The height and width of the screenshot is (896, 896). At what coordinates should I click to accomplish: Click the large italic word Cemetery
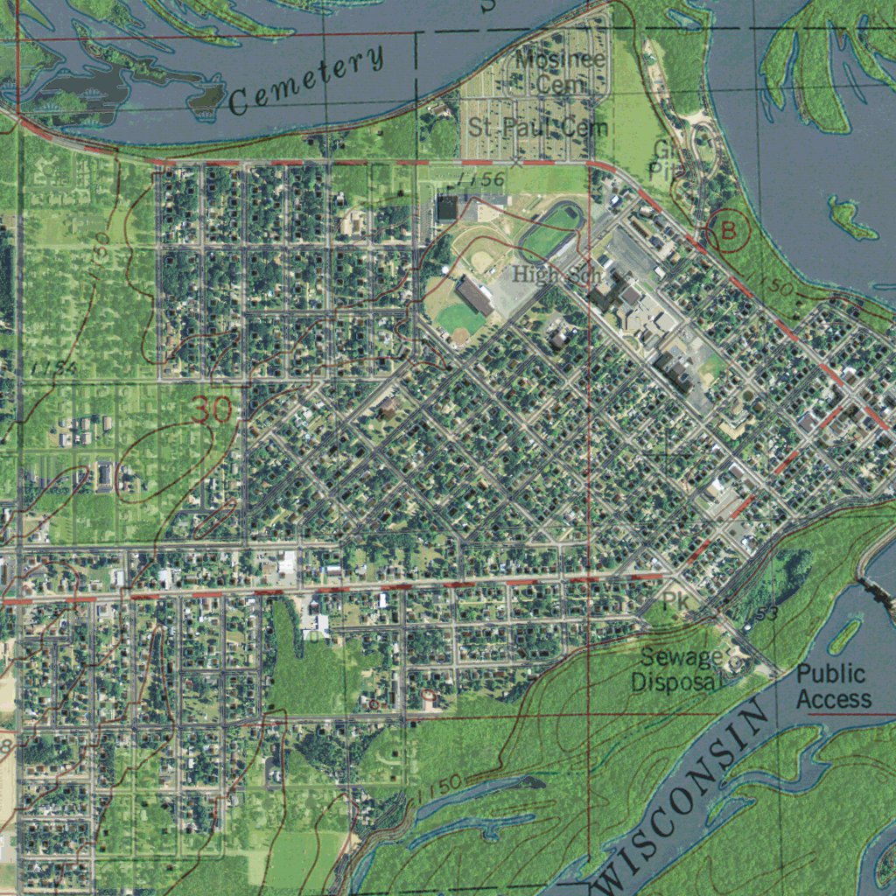pyautogui.click(x=307, y=81)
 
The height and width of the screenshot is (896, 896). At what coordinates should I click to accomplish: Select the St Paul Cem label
pyautogui.click(x=538, y=127)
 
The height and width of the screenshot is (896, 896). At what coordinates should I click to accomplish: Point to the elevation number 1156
pyautogui.click(x=480, y=179)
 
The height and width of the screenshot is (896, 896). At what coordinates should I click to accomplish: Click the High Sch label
pyautogui.click(x=557, y=275)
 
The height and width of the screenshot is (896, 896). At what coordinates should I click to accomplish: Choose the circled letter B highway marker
pyautogui.click(x=729, y=230)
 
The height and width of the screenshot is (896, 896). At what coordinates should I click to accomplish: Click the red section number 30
pyautogui.click(x=213, y=409)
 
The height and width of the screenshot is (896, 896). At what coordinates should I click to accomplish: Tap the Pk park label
pyautogui.click(x=675, y=601)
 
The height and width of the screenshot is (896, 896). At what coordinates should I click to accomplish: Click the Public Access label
pyautogui.click(x=833, y=687)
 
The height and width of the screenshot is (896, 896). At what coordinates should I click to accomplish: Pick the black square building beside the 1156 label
pyautogui.click(x=448, y=208)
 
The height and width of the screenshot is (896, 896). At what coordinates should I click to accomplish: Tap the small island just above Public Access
pyautogui.click(x=845, y=636)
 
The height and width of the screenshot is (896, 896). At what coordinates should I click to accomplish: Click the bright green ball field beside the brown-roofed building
pyautogui.click(x=461, y=319)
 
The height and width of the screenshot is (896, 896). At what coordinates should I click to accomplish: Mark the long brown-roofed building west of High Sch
pyautogui.click(x=474, y=295)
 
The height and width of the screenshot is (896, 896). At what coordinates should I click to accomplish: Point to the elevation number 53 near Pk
pyautogui.click(x=766, y=615)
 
